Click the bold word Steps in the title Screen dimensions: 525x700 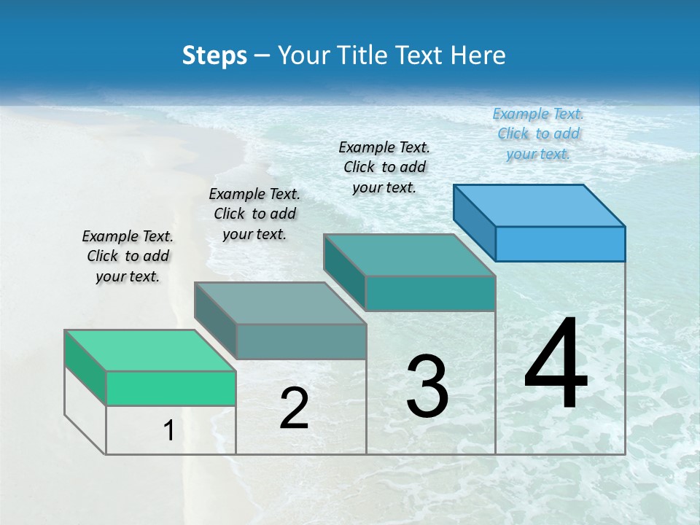point(214,55)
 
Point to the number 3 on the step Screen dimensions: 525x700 point(427,386)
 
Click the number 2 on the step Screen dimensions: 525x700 point(294,408)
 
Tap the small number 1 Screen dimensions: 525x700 point(169,430)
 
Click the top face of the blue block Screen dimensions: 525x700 point(540,205)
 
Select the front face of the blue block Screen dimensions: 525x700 point(560,244)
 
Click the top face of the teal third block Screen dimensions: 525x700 point(410,254)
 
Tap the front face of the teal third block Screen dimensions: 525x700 point(430,293)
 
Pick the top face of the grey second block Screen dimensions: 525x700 point(280,303)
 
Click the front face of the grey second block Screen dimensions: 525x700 point(301,341)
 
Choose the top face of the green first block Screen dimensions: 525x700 point(150,350)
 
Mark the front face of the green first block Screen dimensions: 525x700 point(171,388)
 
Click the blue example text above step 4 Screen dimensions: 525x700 point(538,133)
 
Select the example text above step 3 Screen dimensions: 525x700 point(384,167)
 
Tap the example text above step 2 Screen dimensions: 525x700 point(254,214)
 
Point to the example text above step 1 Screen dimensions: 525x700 point(128,256)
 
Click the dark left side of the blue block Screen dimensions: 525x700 point(474,222)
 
